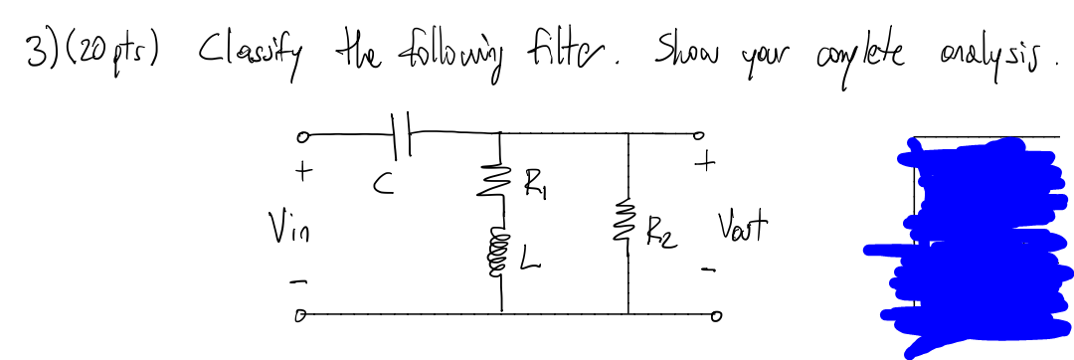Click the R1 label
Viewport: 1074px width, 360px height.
point(535,183)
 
